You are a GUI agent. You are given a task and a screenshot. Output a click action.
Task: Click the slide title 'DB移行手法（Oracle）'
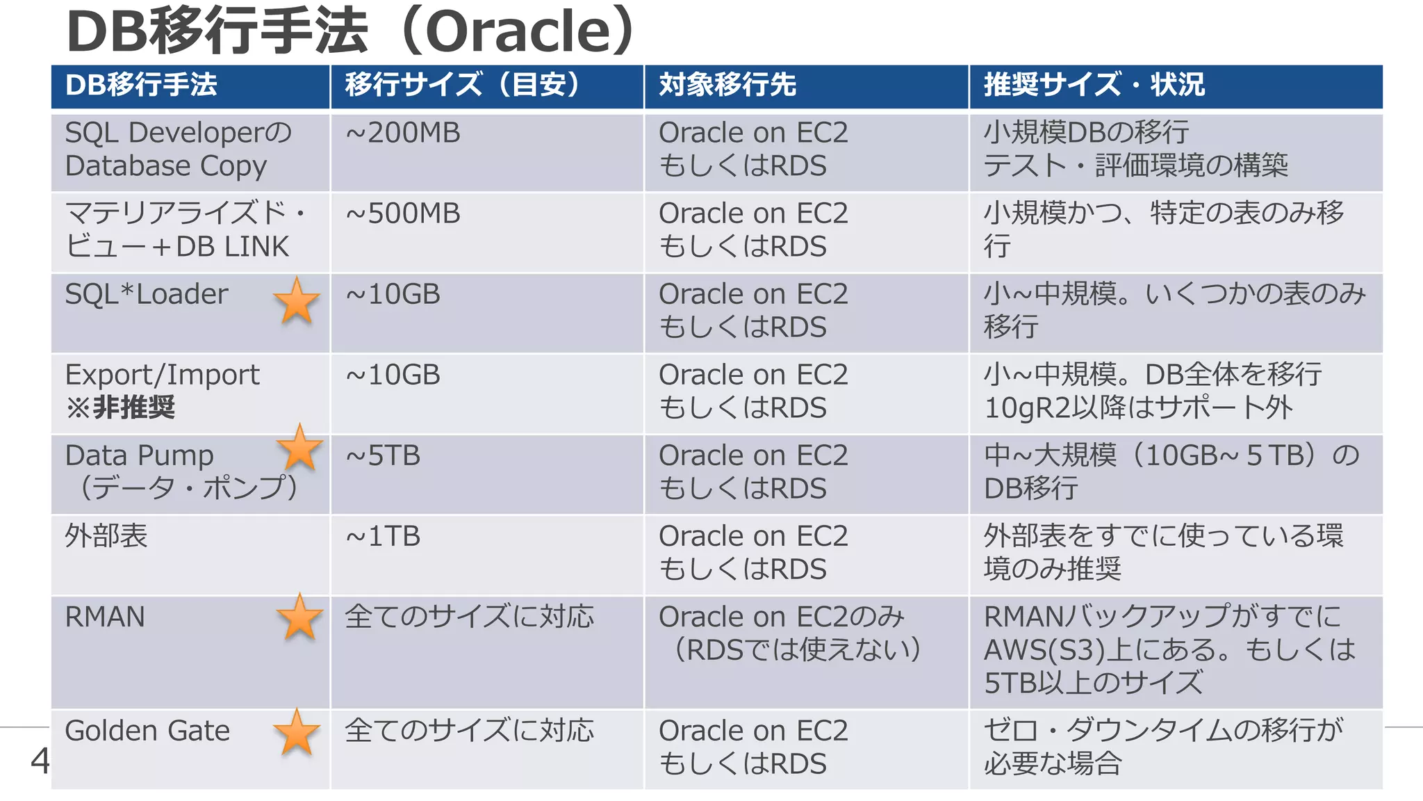pyautogui.click(x=351, y=31)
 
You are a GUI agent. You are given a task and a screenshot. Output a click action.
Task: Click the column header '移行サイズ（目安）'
pyautogui.click(x=462, y=85)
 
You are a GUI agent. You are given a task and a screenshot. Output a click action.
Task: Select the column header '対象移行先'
pyautogui.click(x=727, y=85)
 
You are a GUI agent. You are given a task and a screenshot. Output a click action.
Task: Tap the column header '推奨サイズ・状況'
pyautogui.click(x=1094, y=85)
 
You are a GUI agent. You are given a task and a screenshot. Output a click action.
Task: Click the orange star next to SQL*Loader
pyautogui.click(x=297, y=300)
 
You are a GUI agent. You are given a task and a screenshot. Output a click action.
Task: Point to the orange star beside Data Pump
pyautogui.click(x=299, y=448)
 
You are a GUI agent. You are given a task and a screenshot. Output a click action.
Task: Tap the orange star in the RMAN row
pyautogui.click(x=299, y=617)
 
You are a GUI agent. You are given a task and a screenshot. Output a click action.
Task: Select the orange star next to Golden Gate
pyautogui.click(x=297, y=732)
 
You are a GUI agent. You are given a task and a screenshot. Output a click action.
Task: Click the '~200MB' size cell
pyautogui.click(x=403, y=133)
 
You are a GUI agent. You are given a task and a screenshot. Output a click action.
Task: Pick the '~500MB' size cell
pyautogui.click(x=403, y=213)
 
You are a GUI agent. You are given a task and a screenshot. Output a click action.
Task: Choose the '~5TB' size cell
pyautogui.click(x=383, y=455)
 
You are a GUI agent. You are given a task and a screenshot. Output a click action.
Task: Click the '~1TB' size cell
pyautogui.click(x=383, y=536)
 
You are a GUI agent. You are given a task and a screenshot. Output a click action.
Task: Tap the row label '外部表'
pyautogui.click(x=106, y=536)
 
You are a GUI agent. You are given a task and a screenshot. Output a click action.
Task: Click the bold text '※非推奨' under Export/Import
pyautogui.click(x=120, y=407)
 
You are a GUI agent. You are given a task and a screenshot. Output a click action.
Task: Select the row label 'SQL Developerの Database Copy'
pyautogui.click(x=177, y=149)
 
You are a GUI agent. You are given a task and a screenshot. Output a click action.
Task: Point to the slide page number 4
pyautogui.click(x=40, y=761)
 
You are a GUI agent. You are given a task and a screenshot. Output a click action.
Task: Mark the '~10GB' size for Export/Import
pyautogui.click(x=393, y=375)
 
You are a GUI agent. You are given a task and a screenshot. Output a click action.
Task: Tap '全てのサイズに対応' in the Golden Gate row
pyautogui.click(x=469, y=731)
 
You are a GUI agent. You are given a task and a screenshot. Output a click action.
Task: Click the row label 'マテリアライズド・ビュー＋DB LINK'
pyautogui.click(x=184, y=229)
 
